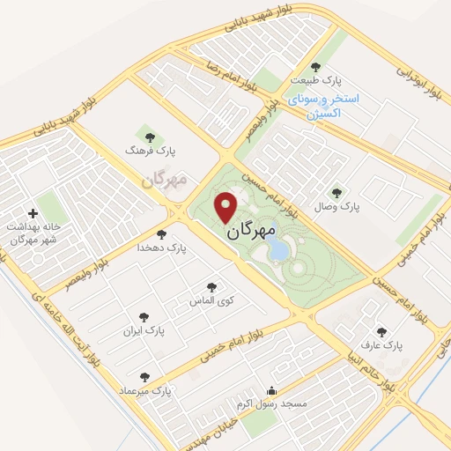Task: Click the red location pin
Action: pos(227,206)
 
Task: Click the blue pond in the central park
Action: pos(278,251)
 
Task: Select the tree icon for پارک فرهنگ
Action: pos(150,137)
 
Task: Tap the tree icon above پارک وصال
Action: pos(335,193)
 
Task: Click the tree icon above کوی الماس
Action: pos(211,287)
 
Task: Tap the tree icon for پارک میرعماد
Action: pos(144,377)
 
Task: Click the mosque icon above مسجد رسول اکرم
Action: pos(271,391)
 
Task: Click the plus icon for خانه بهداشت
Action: pos(33,213)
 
